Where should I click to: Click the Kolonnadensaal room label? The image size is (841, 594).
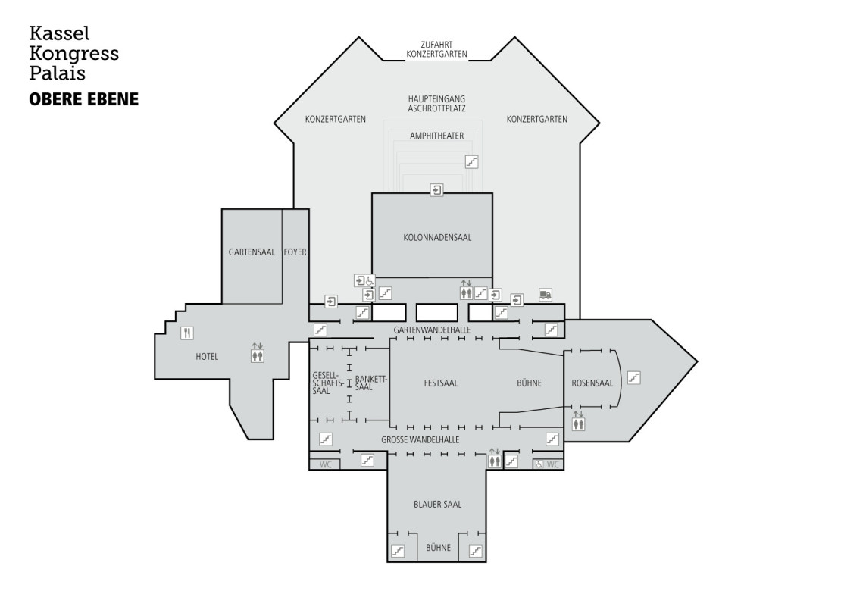pos(437,238)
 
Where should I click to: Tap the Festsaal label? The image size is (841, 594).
pos(441,383)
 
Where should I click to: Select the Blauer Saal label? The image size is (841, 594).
pos(438,505)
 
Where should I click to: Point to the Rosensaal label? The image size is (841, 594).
pos(592,383)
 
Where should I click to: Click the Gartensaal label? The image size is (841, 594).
pos(252,252)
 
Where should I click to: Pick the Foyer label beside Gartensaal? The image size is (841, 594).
pos(295,252)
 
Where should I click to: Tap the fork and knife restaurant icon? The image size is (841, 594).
pos(186,333)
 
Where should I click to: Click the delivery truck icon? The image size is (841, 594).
pos(546,295)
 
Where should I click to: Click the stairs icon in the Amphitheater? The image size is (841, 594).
pos(471,161)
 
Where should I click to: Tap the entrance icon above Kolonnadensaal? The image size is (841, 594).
pos(437,190)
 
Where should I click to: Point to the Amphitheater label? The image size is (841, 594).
pos(437,136)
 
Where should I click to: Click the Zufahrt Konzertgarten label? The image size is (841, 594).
pos(436,49)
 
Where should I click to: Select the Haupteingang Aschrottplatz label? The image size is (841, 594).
pos(436,104)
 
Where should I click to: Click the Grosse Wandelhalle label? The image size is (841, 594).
pos(420,440)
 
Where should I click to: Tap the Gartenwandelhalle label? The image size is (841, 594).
pos(433,330)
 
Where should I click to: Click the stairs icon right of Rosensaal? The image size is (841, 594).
pos(634,378)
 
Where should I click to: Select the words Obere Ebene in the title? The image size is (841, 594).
pos(83,99)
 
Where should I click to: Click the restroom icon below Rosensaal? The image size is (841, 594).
pos(578,421)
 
